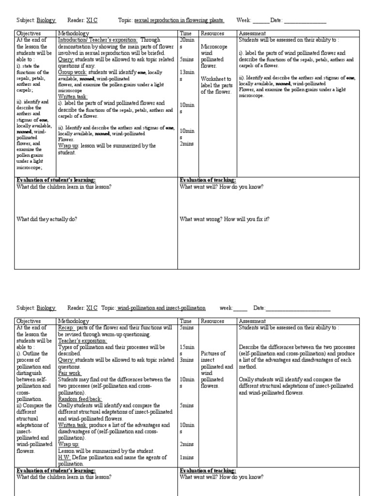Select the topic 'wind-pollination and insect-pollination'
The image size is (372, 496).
pos(161,308)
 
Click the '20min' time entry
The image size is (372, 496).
pos(186,40)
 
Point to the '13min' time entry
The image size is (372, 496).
pos(186,72)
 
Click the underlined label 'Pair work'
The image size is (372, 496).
pos(70,373)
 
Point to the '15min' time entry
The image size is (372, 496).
pos(186,347)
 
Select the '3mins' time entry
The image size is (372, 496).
pos(187,360)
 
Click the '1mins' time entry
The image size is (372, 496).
pos(187,457)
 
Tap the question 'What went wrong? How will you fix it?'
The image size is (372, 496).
pos(224,219)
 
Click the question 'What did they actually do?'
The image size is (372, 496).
pos(47,219)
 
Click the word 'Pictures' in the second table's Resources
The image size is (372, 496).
pos(212,354)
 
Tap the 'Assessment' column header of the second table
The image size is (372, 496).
pos(252,321)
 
